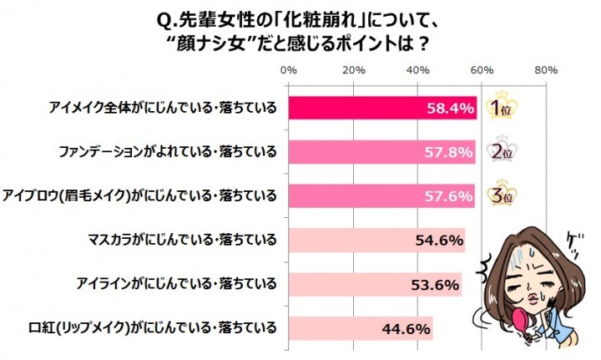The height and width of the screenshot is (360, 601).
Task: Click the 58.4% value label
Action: point(451,109)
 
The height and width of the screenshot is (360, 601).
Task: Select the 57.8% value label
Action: point(450,152)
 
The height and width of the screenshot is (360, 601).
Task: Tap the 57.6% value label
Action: point(450,195)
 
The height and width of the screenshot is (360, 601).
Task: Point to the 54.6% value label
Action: point(439,240)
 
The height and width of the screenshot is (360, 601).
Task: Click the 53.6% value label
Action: point(436,284)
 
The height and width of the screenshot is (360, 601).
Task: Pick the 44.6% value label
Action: point(407,327)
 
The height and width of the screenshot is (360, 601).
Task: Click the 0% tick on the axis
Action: point(289,70)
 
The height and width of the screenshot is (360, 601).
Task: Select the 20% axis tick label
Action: point(353,70)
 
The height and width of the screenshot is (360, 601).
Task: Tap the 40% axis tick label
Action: point(417,70)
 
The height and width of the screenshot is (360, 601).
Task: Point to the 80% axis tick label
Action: point(546,70)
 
